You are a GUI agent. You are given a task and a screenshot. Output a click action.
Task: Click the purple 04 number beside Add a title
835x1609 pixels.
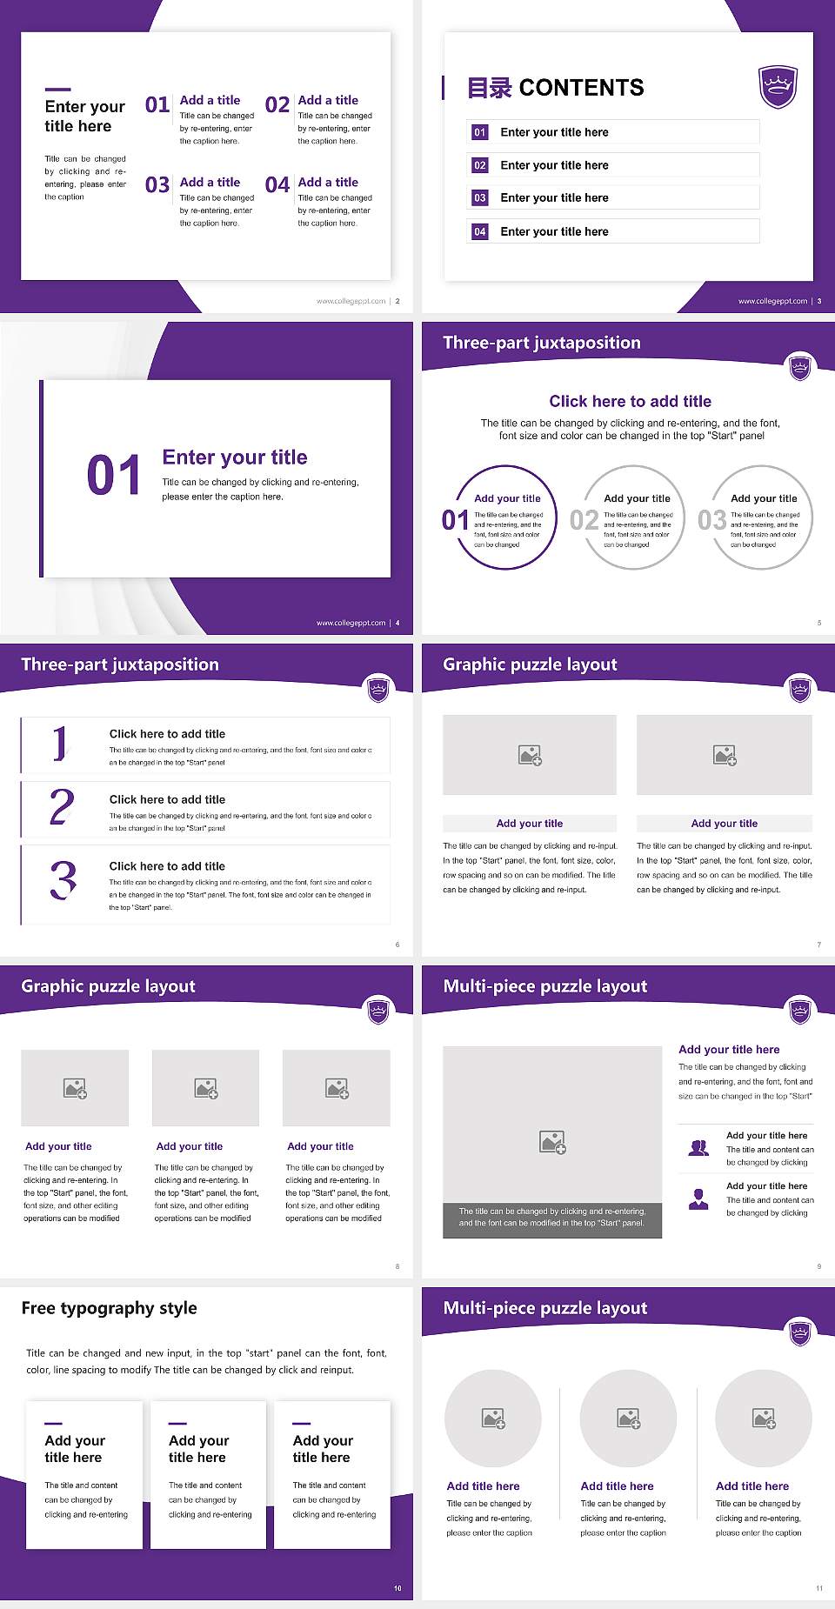277,185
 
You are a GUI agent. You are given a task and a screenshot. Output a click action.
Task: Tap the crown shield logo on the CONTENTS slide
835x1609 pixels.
778,87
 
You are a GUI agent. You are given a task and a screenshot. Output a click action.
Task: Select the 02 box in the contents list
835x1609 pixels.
480,165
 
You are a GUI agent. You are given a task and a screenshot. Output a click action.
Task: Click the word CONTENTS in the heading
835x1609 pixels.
581,88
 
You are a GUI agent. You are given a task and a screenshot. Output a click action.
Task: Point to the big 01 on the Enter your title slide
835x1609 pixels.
113,476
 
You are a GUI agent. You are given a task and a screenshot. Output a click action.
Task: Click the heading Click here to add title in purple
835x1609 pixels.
630,401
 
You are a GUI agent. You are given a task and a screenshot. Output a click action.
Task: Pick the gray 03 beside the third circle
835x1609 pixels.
711,520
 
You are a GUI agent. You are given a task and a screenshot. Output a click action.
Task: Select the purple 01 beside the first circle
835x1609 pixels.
455,520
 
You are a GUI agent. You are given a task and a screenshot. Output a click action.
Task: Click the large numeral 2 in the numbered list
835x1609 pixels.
62,807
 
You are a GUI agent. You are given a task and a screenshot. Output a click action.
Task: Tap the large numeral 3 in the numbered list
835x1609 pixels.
63,880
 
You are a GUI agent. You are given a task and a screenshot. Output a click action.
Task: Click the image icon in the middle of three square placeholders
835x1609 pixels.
206,1088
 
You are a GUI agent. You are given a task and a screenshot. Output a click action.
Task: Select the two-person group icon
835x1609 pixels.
698,1148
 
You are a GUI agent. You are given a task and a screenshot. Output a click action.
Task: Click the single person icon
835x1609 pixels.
698,1199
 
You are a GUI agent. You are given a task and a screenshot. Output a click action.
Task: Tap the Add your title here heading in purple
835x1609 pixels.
729,1050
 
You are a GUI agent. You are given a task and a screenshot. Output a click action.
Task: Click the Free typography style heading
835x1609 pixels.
110,1308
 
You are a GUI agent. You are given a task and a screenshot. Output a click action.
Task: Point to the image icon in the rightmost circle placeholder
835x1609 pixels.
764,1419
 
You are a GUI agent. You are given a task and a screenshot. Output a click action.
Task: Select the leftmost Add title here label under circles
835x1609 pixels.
483,1486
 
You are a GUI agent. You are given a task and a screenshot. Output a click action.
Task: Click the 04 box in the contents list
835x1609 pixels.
480,231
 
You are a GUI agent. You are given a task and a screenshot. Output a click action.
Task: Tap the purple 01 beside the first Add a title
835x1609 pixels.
157,105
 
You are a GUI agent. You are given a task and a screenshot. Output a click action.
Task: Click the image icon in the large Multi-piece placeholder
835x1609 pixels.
552,1142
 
